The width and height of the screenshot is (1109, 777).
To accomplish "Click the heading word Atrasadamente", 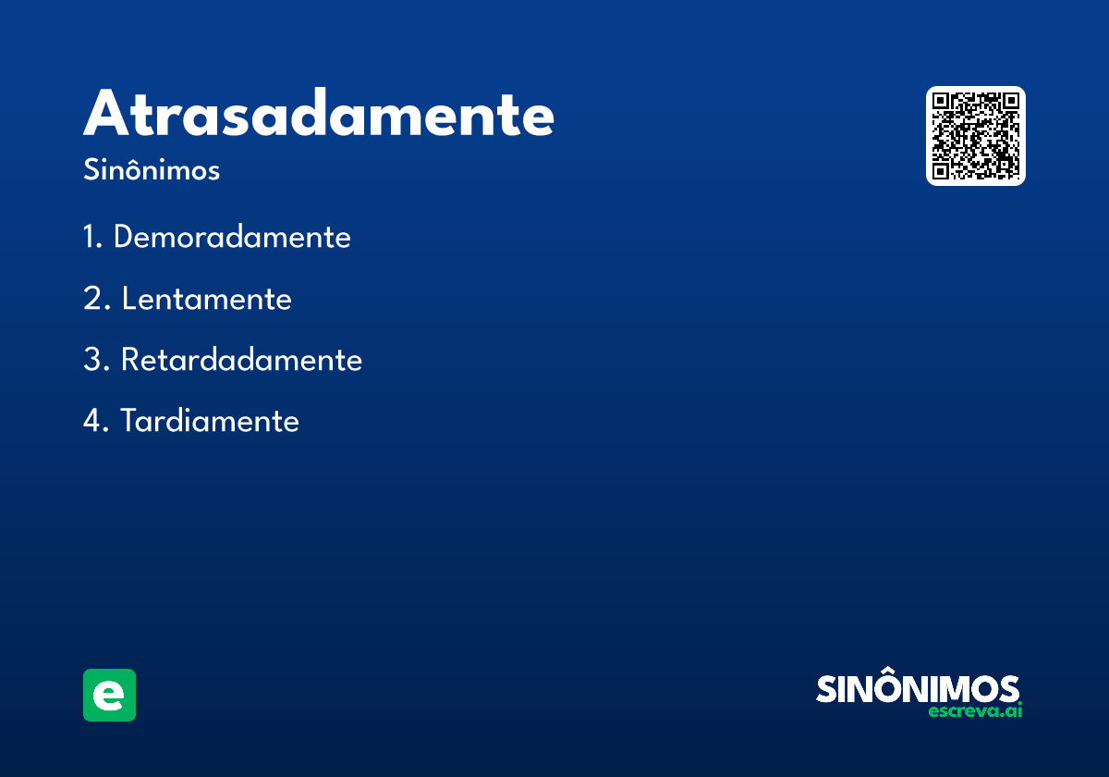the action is point(318,112).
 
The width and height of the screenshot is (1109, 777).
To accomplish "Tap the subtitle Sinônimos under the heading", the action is point(152,169).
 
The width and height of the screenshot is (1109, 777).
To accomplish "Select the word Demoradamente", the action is point(232,237).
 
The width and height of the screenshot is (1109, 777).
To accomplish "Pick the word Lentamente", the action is point(207,298).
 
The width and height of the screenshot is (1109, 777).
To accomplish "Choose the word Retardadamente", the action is point(241,359).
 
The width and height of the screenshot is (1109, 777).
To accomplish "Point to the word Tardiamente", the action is point(210,421).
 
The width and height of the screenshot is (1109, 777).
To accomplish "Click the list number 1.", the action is point(92,237).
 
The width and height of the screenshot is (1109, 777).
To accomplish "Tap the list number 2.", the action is point(96,298).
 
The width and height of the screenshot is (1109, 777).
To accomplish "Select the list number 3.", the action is point(96,359).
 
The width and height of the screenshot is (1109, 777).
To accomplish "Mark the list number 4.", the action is point(95,421).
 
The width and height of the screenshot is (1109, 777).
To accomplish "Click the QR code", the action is point(975,136).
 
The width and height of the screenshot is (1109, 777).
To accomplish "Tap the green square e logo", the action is point(109,695).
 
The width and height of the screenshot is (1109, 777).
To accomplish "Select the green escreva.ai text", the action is point(975,710).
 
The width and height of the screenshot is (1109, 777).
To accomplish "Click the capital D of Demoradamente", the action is point(123,237).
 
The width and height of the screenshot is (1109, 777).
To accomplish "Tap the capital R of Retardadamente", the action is point(130,359).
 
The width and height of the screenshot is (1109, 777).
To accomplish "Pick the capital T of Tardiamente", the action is point(130,421).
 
